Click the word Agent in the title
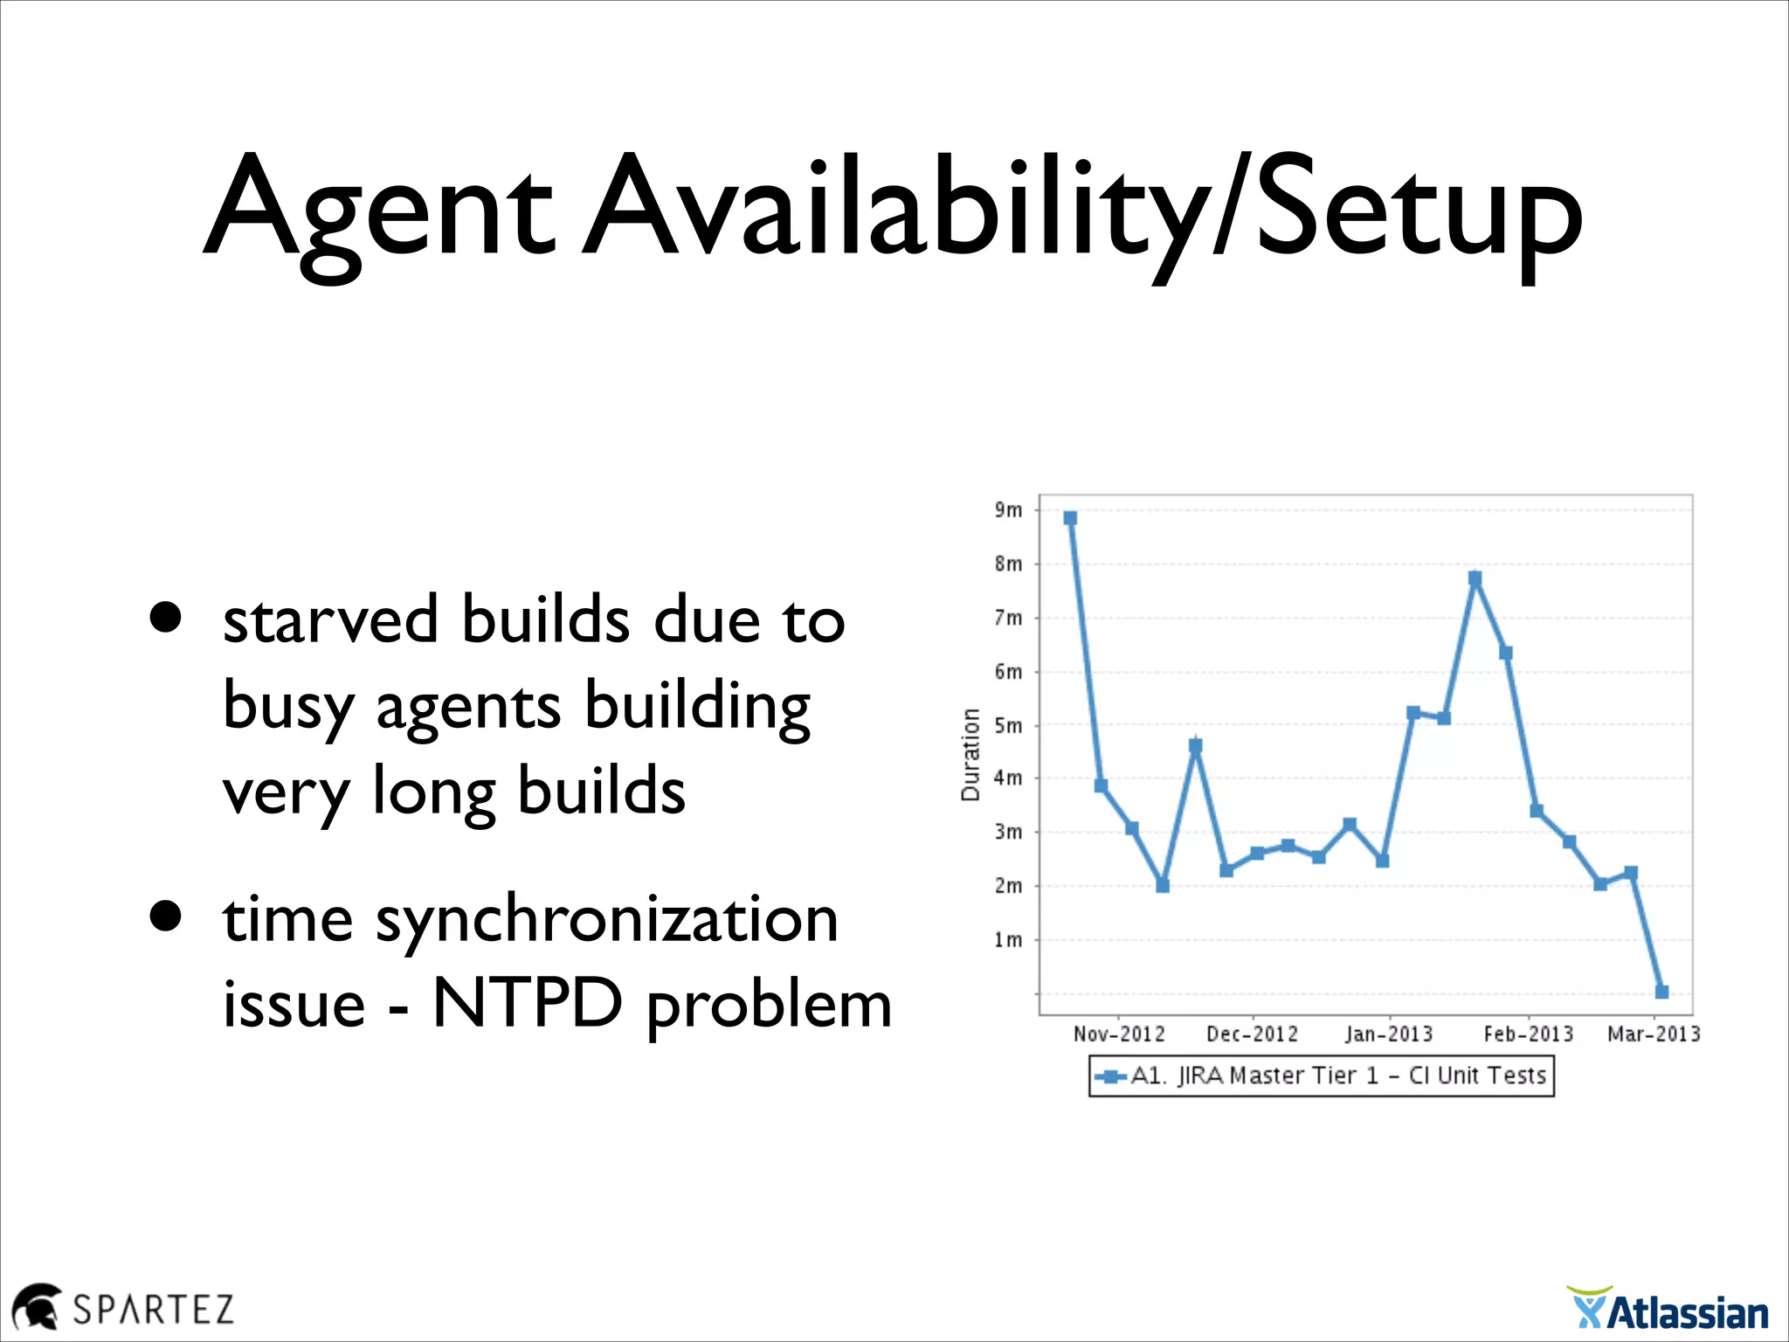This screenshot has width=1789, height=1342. point(378,210)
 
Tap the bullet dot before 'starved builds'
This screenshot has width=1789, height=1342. point(165,617)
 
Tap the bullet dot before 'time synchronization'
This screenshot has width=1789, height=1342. point(165,917)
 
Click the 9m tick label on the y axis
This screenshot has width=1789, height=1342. point(1008,510)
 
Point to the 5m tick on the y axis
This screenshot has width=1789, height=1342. point(1008,726)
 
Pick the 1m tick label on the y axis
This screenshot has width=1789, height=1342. point(1008,940)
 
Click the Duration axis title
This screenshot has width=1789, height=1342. point(970,754)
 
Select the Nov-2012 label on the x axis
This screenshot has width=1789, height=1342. point(1119,1034)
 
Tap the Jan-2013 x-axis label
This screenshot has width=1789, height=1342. point(1389,1034)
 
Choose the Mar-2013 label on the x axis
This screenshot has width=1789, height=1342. point(1654,1034)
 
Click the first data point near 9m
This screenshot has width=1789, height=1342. point(1070,518)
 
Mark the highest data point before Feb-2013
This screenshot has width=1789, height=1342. point(1475,578)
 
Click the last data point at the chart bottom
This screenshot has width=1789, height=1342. point(1661,992)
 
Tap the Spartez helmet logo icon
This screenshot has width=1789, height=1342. point(36,1306)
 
